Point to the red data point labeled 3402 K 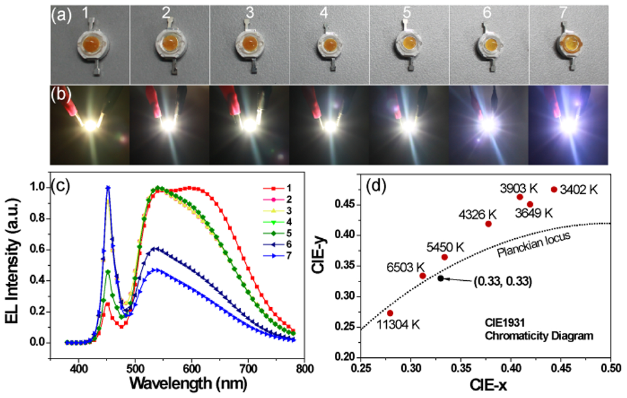[554, 189]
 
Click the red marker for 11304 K [390, 313]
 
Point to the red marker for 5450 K [445, 257]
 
